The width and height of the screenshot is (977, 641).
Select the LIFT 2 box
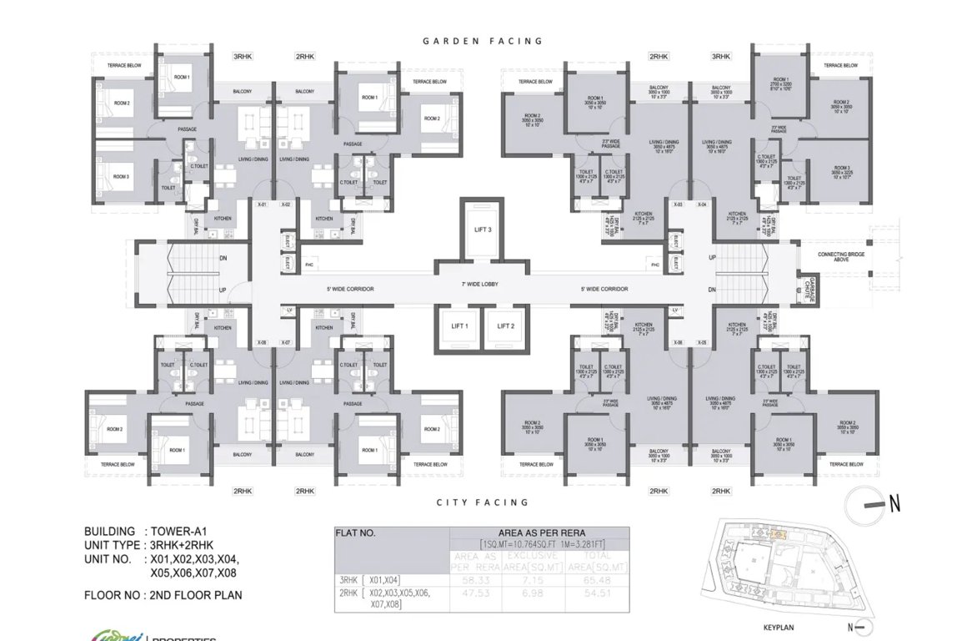506,326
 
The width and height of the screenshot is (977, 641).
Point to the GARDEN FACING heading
483,41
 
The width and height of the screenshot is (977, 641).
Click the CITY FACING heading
483,502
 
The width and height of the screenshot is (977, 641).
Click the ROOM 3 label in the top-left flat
122,177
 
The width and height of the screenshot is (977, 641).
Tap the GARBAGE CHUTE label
807,287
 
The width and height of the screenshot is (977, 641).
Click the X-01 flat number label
261,204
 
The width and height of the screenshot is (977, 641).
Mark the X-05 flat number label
702,343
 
